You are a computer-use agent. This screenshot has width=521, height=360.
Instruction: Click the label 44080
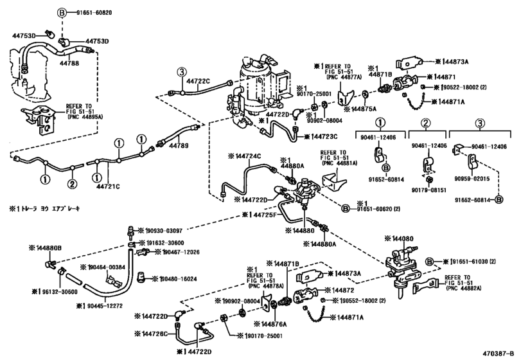click(416, 238)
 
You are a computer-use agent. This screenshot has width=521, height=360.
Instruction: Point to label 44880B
click(47, 248)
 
